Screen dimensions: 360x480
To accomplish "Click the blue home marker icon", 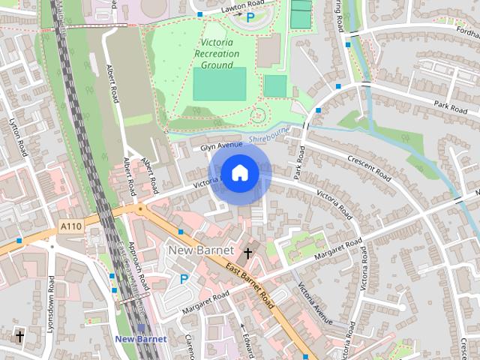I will coord(239,172).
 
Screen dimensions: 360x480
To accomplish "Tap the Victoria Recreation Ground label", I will coord(214,53).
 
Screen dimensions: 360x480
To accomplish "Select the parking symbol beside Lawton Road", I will coord(250,16).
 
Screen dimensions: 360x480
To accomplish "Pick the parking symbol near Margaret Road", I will coord(184,279).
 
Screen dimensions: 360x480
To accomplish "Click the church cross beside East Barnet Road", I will coord(247,253).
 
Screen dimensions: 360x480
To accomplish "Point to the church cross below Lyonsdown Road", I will coord(19,337).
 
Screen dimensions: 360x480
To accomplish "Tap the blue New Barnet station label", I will coord(140,339).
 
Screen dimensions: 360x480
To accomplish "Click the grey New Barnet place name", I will coord(201,250).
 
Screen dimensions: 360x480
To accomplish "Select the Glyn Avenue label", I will coord(221,146).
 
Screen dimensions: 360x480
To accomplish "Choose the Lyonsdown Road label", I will coord(52,304).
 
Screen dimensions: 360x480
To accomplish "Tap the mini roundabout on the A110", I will coord(139,208).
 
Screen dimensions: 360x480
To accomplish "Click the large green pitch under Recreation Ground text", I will coord(219,84).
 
